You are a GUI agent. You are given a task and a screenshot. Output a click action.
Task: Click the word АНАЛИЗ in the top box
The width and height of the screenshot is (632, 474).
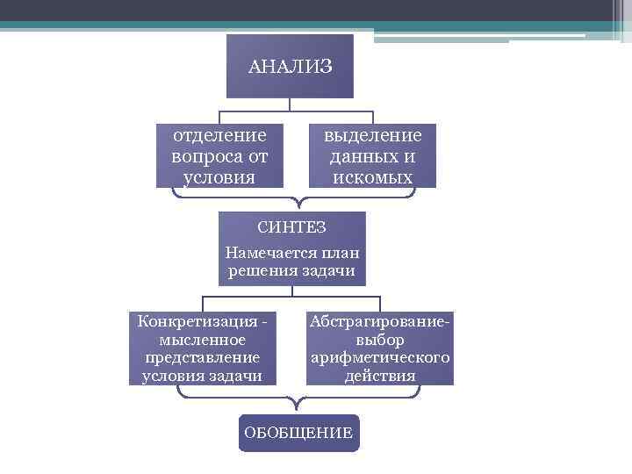point(290,67)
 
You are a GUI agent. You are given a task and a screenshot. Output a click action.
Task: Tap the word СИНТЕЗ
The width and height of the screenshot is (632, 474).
point(292,228)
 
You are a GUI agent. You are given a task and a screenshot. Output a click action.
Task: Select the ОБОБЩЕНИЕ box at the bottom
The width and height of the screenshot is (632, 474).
point(298,433)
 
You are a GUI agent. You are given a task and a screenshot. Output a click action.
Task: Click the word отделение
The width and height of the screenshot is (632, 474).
point(219,136)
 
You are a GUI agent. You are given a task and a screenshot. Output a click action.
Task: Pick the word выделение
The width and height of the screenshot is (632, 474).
point(373,136)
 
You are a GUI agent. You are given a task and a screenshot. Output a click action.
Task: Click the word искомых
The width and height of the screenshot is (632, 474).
point(373,177)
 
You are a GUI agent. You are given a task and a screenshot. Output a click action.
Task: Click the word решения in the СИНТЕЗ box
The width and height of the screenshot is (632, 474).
point(259,271)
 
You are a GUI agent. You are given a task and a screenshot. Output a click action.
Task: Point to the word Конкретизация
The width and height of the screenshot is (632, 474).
point(191,320)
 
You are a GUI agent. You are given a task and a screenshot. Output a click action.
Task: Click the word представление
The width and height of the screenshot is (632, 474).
point(203,357)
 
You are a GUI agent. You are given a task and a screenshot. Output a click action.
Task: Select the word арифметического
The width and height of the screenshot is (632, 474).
point(380,358)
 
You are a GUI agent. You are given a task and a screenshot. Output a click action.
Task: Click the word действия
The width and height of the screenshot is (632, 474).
point(380,377)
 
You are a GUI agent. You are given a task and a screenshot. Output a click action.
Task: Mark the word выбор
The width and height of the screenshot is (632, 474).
point(380,339)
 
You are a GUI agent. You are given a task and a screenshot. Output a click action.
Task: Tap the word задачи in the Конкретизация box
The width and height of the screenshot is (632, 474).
point(238,377)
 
